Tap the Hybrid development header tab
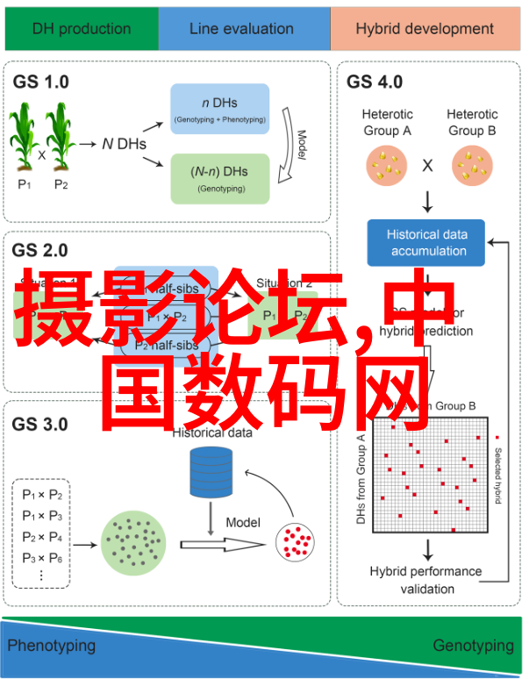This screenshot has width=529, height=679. coord(425,29)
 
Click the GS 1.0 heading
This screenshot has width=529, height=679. coord(40,82)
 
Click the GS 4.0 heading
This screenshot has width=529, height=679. coord(375,82)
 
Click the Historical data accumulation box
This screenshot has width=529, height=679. coord(427,242)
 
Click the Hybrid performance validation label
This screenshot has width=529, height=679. coord(426,580)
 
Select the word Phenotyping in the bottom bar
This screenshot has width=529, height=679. coord(52,646)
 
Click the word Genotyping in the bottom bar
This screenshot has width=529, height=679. coord(473,646)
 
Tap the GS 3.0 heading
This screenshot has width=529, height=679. coord(40,423)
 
